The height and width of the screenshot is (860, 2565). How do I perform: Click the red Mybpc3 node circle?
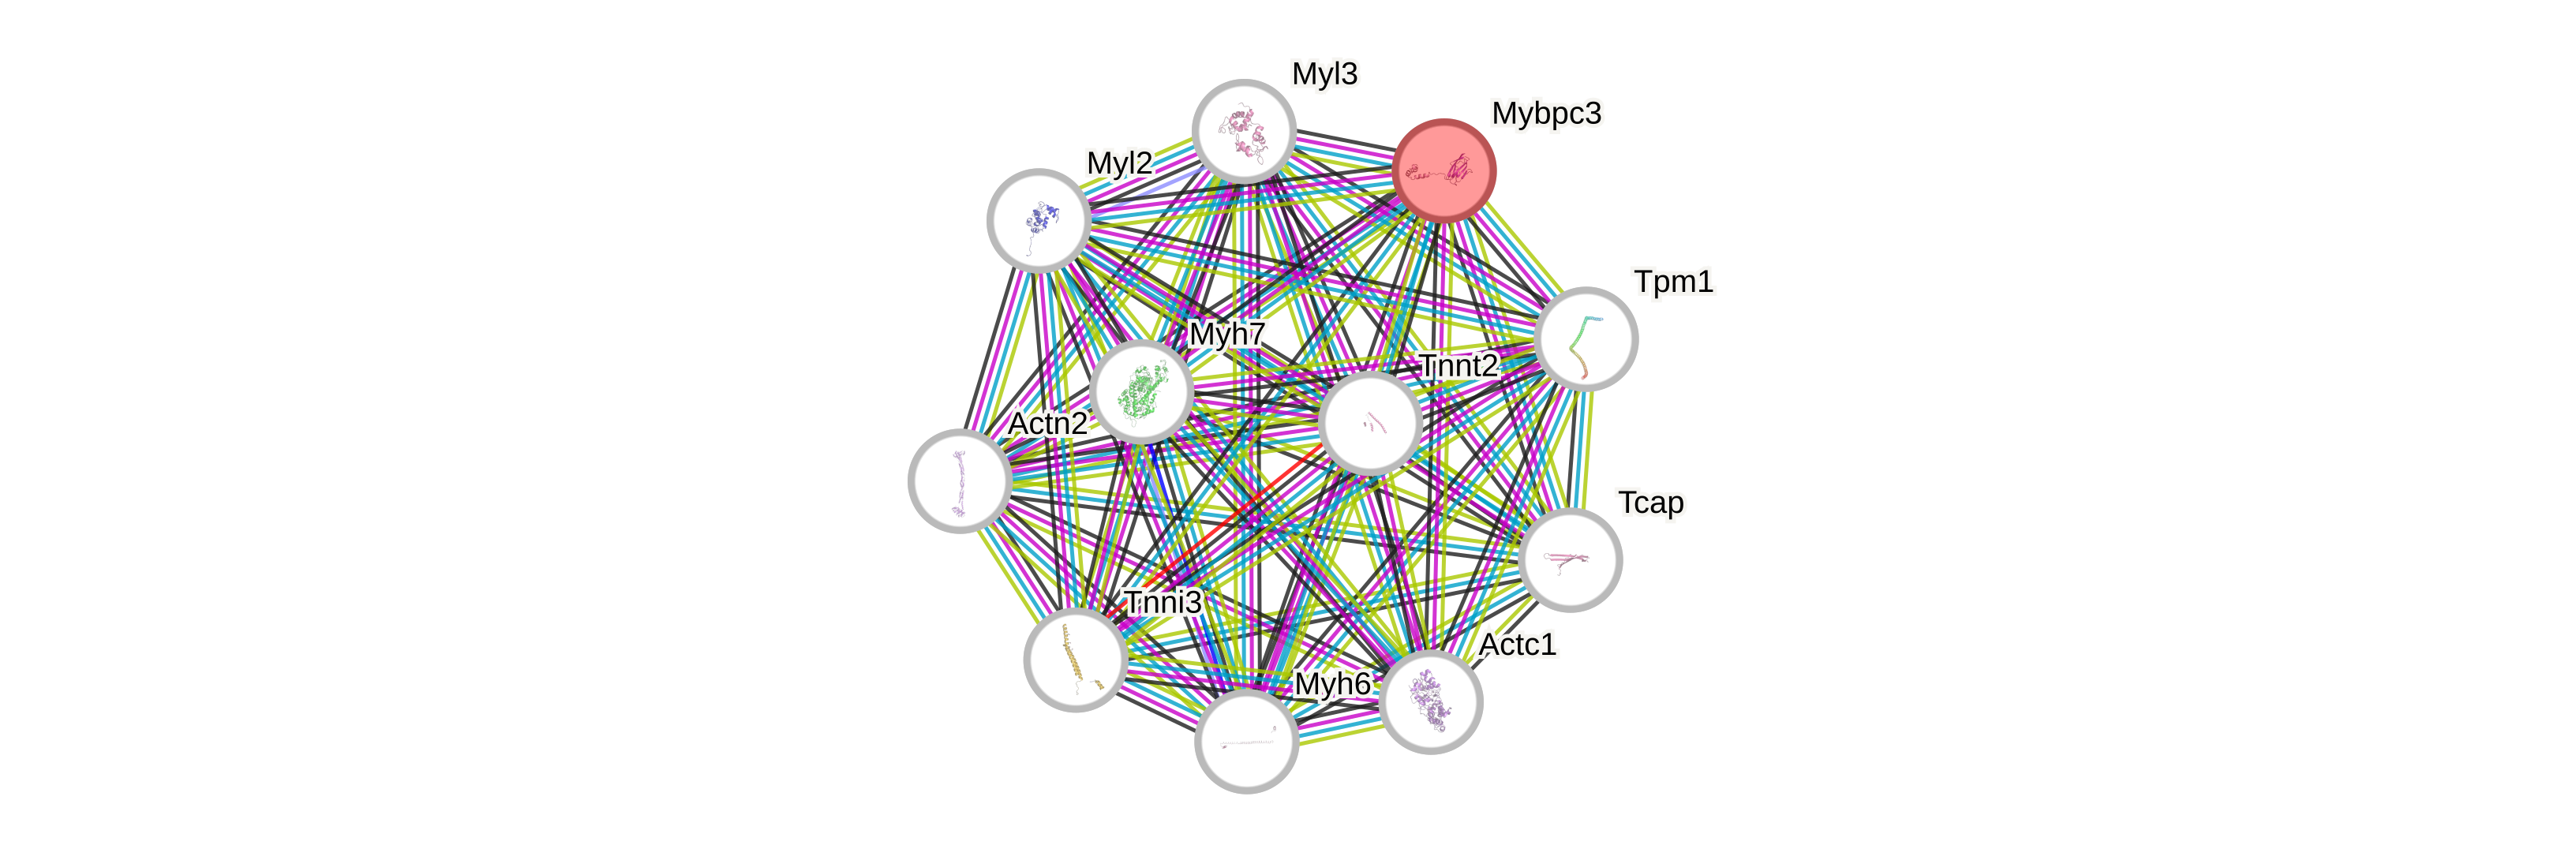1444,171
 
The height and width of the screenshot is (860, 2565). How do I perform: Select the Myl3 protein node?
1244,132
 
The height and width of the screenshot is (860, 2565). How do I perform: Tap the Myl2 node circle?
1039,220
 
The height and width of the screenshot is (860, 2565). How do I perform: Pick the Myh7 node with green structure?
1141,391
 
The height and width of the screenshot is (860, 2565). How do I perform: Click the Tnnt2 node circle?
1370,423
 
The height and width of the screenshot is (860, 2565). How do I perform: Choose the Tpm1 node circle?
1586,338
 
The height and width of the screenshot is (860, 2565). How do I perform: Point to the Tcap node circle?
1571,559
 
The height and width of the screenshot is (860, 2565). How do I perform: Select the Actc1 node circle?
1431,701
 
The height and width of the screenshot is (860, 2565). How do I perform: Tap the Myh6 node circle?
1245,742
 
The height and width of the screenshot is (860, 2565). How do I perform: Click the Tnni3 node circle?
1076,659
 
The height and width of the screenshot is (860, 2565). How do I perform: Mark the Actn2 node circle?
960,480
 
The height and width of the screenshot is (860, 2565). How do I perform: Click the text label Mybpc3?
1545,114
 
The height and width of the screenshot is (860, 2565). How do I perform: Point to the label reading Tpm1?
1674,282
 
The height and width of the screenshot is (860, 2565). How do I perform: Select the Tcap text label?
1650,503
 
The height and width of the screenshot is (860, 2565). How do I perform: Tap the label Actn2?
1047,424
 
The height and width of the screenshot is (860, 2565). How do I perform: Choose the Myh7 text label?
1226,335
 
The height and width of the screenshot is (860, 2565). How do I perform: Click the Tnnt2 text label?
1458,366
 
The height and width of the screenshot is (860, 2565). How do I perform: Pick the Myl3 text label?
1324,73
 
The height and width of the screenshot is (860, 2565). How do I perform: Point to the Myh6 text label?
1332,684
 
